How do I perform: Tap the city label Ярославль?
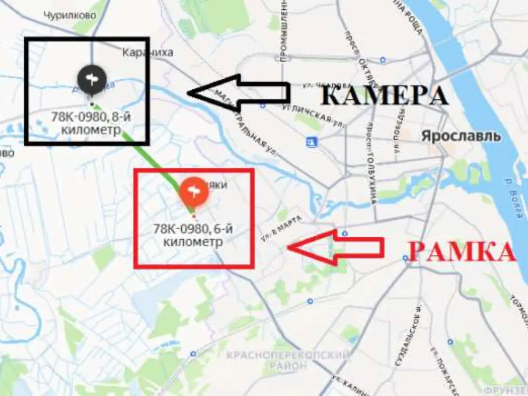(x=461, y=136)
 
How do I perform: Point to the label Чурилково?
(x=70, y=15)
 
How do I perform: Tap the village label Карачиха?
(x=147, y=53)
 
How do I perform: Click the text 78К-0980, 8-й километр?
(x=92, y=125)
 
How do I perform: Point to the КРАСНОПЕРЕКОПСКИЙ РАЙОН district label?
(x=289, y=360)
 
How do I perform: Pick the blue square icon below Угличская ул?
(x=312, y=142)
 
